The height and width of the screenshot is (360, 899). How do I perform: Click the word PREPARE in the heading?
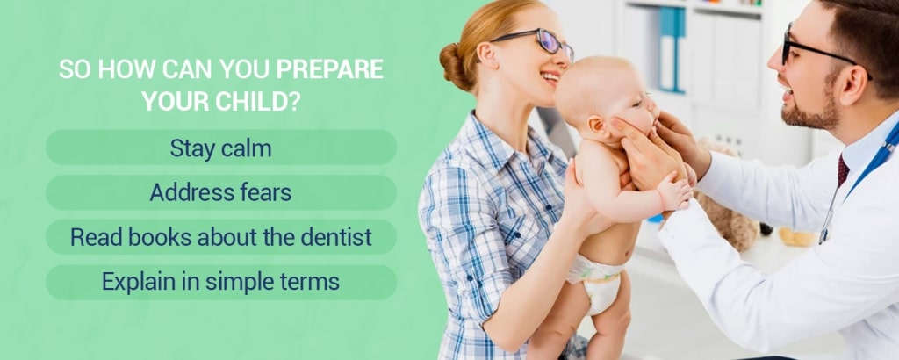click(330, 69)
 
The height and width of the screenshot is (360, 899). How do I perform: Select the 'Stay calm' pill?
click(220, 148)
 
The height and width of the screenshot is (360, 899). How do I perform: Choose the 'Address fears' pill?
click(220, 192)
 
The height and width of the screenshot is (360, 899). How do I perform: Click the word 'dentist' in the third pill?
click(337, 237)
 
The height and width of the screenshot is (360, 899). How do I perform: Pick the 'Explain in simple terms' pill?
click(220, 282)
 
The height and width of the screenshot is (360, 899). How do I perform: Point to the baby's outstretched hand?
click(675, 191)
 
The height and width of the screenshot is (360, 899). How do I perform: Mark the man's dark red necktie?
click(843, 171)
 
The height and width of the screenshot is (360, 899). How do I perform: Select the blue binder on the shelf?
click(672, 48)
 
